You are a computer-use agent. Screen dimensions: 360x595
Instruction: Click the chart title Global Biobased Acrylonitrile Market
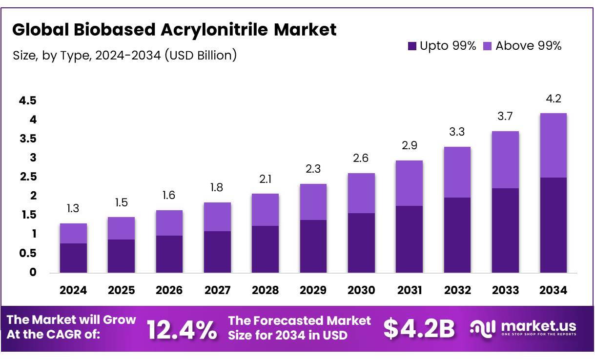tap(174, 30)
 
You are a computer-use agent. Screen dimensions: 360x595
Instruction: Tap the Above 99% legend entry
tap(522, 46)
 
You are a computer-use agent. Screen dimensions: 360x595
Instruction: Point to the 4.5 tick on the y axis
tap(28, 101)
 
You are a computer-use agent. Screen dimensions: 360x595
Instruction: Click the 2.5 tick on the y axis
tap(28, 177)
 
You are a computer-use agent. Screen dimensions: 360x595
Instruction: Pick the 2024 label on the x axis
tap(73, 291)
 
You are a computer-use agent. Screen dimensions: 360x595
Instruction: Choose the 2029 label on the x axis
tap(313, 291)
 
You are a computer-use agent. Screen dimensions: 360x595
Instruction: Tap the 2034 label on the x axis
tap(554, 291)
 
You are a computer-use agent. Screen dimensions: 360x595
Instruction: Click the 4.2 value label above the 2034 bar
tap(554, 99)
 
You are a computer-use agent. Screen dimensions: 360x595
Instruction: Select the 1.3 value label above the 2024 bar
tap(73, 209)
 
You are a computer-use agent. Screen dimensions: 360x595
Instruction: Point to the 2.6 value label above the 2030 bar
tap(361, 159)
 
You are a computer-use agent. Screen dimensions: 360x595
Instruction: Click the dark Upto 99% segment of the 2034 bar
tap(554, 225)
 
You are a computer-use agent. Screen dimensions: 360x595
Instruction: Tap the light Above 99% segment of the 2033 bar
tap(505, 160)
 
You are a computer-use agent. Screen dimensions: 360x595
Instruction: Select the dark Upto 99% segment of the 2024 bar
tap(73, 258)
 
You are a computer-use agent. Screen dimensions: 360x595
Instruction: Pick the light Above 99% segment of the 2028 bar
tap(265, 210)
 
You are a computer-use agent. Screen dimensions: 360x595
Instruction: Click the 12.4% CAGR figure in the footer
tap(182, 330)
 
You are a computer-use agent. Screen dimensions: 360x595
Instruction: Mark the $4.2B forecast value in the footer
tap(419, 329)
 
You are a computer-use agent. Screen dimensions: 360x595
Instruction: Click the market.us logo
tap(523, 327)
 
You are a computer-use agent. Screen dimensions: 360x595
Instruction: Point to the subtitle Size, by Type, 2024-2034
tap(125, 55)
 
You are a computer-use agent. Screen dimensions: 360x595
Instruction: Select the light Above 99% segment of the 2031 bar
tap(409, 183)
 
